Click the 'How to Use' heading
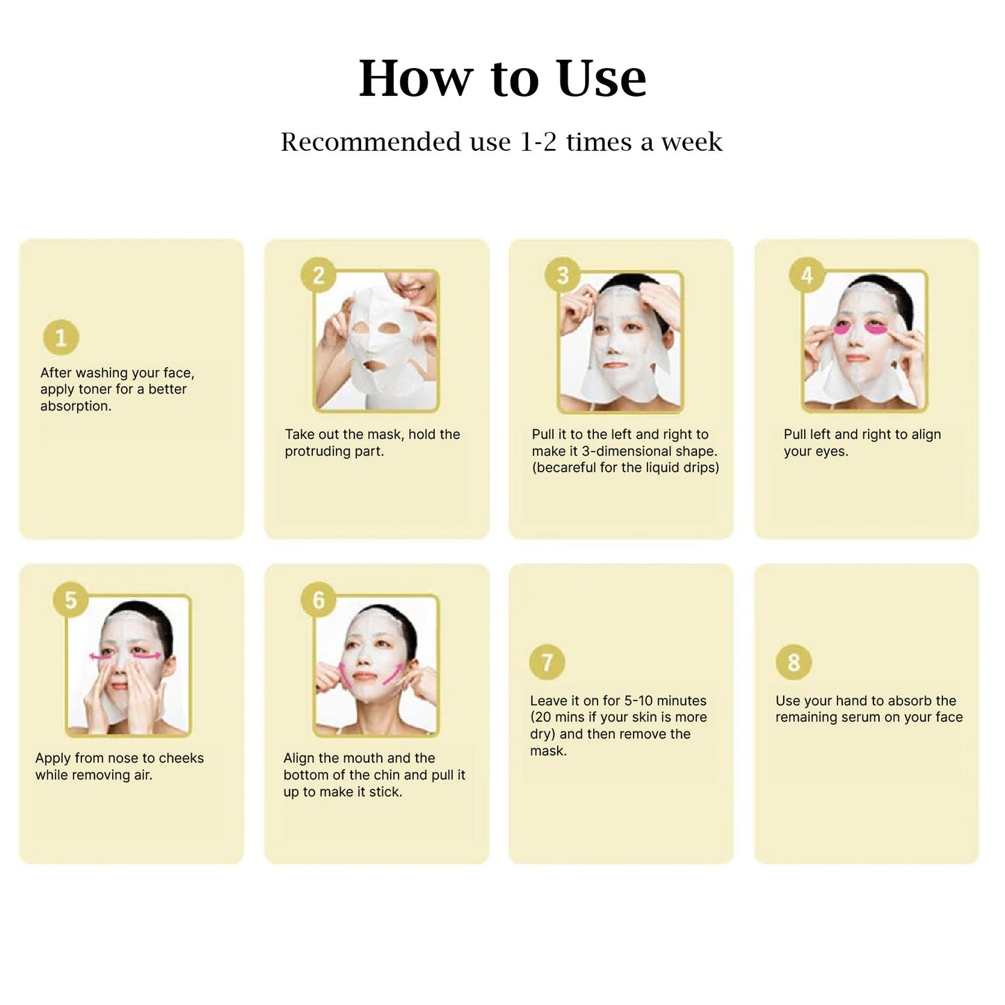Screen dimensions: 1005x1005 (x=502, y=79)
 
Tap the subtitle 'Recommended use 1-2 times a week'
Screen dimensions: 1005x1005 (x=501, y=142)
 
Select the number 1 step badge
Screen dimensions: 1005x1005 (x=61, y=337)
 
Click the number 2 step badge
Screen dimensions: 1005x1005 (x=319, y=275)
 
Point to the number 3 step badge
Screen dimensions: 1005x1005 (x=563, y=275)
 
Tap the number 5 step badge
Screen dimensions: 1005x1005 (x=71, y=600)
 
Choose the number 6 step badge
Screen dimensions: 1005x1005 (x=319, y=600)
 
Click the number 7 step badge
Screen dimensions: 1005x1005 (x=547, y=662)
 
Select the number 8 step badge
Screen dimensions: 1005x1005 (x=794, y=662)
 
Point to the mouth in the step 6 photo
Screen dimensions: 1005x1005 (x=364, y=677)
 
